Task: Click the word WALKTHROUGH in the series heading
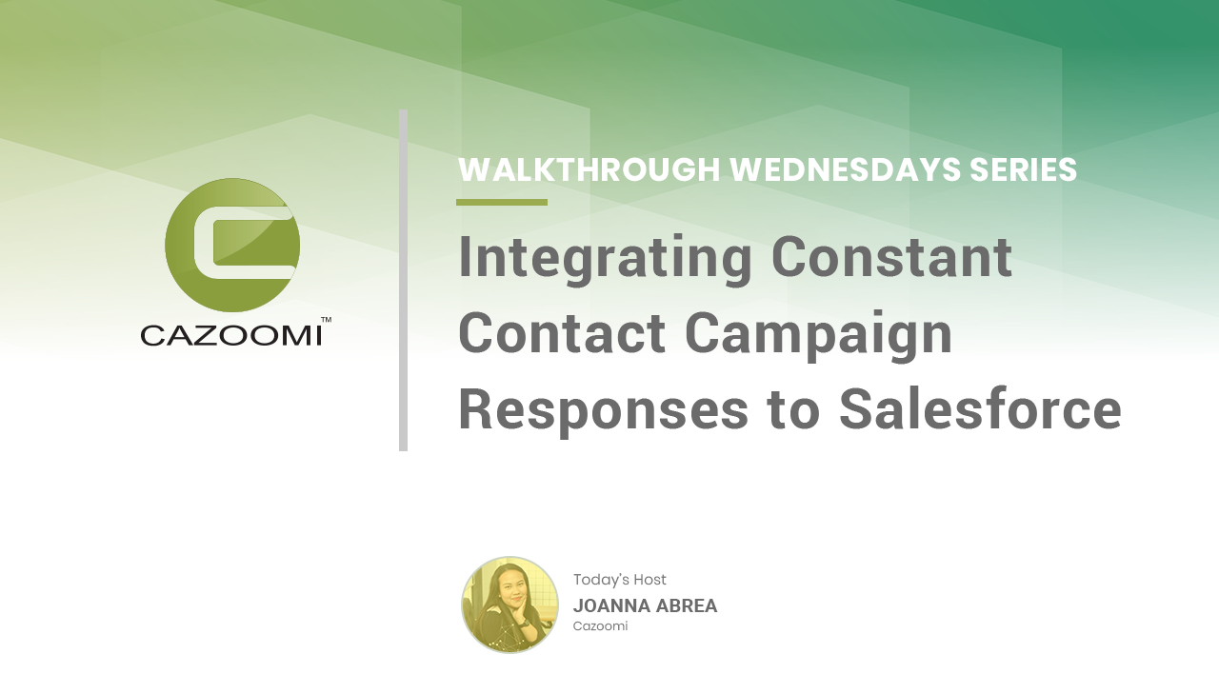click(590, 169)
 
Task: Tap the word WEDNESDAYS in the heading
click(845, 169)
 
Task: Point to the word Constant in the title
click(892, 257)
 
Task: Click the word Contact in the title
click(563, 333)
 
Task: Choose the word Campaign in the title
click(818, 336)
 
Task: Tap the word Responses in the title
click(604, 411)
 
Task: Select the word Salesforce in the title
click(980, 408)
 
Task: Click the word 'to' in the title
click(793, 410)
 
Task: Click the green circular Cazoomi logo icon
click(232, 246)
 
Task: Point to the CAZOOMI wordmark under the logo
click(231, 336)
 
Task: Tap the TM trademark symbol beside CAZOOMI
click(326, 320)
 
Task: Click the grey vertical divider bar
click(403, 280)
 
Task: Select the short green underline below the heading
click(502, 203)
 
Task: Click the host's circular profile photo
click(510, 605)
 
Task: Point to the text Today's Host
click(619, 580)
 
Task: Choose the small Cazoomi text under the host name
click(600, 626)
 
